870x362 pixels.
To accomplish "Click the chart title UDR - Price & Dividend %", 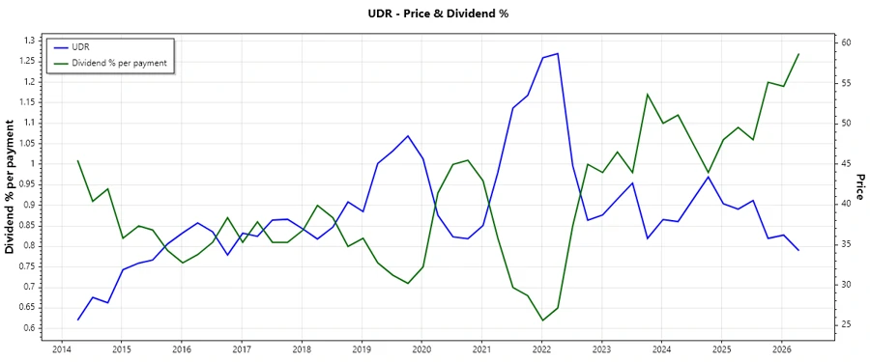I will [x=434, y=14].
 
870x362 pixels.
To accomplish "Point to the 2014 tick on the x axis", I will [x=62, y=348].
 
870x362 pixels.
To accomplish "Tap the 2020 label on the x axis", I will [x=421, y=348].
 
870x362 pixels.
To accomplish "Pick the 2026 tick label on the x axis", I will [x=782, y=348].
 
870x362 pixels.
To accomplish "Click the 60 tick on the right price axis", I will [x=846, y=43].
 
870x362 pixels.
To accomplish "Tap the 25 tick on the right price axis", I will [x=846, y=324].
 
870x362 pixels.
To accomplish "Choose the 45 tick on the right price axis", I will [x=846, y=164].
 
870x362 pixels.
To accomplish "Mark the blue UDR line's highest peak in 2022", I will [x=558, y=53].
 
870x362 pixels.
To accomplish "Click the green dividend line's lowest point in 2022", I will [x=542, y=320].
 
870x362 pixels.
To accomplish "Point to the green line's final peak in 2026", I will [x=798, y=54].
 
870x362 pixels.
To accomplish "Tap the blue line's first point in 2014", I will [x=78, y=320].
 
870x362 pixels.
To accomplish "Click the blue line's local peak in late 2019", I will [x=408, y=136].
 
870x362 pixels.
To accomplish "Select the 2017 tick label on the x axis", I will [x=242, y=348].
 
